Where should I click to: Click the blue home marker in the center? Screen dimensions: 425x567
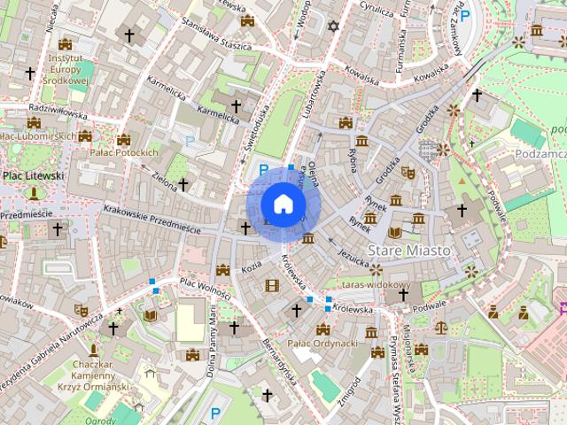pyautogui.click(x=283, y=204)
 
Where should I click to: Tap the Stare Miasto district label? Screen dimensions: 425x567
pyautogui.click(x=408, y=251)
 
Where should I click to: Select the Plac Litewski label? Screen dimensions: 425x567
pyautogui.click(x=33, y=176)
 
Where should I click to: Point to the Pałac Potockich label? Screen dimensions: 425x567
pyautogui.click(x=123, y=152)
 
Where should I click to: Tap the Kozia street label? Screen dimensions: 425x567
pyautogui.click(x=251, y=266)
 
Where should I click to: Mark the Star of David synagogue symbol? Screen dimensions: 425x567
pyautogui.click(x=333, y=27)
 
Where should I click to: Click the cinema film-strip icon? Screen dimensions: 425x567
pyautogui.click(x=271, y=284)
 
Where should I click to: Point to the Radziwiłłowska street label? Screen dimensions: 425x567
pyautogui.click(x=58, y=112)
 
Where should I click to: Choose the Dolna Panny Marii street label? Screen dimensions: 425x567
pyautogui.click(x=213, y=336)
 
